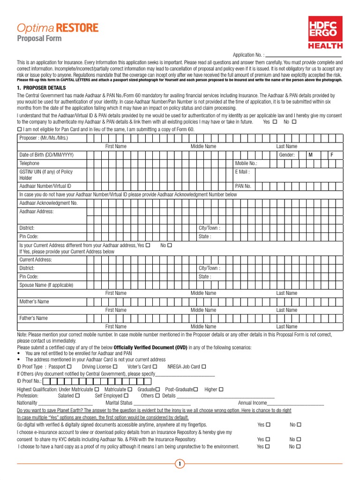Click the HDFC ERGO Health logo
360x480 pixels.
325,32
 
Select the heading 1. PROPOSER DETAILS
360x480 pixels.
41,88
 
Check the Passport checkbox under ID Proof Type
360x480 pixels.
69,367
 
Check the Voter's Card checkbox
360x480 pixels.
155,367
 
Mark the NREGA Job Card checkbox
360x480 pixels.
204,367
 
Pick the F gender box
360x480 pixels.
332,155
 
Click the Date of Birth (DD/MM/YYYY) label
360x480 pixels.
46,155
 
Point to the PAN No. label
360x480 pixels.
243,186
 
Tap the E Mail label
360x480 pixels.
242,172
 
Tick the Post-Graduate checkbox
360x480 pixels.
195,390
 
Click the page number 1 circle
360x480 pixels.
180,464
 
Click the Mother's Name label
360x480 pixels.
34,301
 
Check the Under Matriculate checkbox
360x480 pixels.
97,390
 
